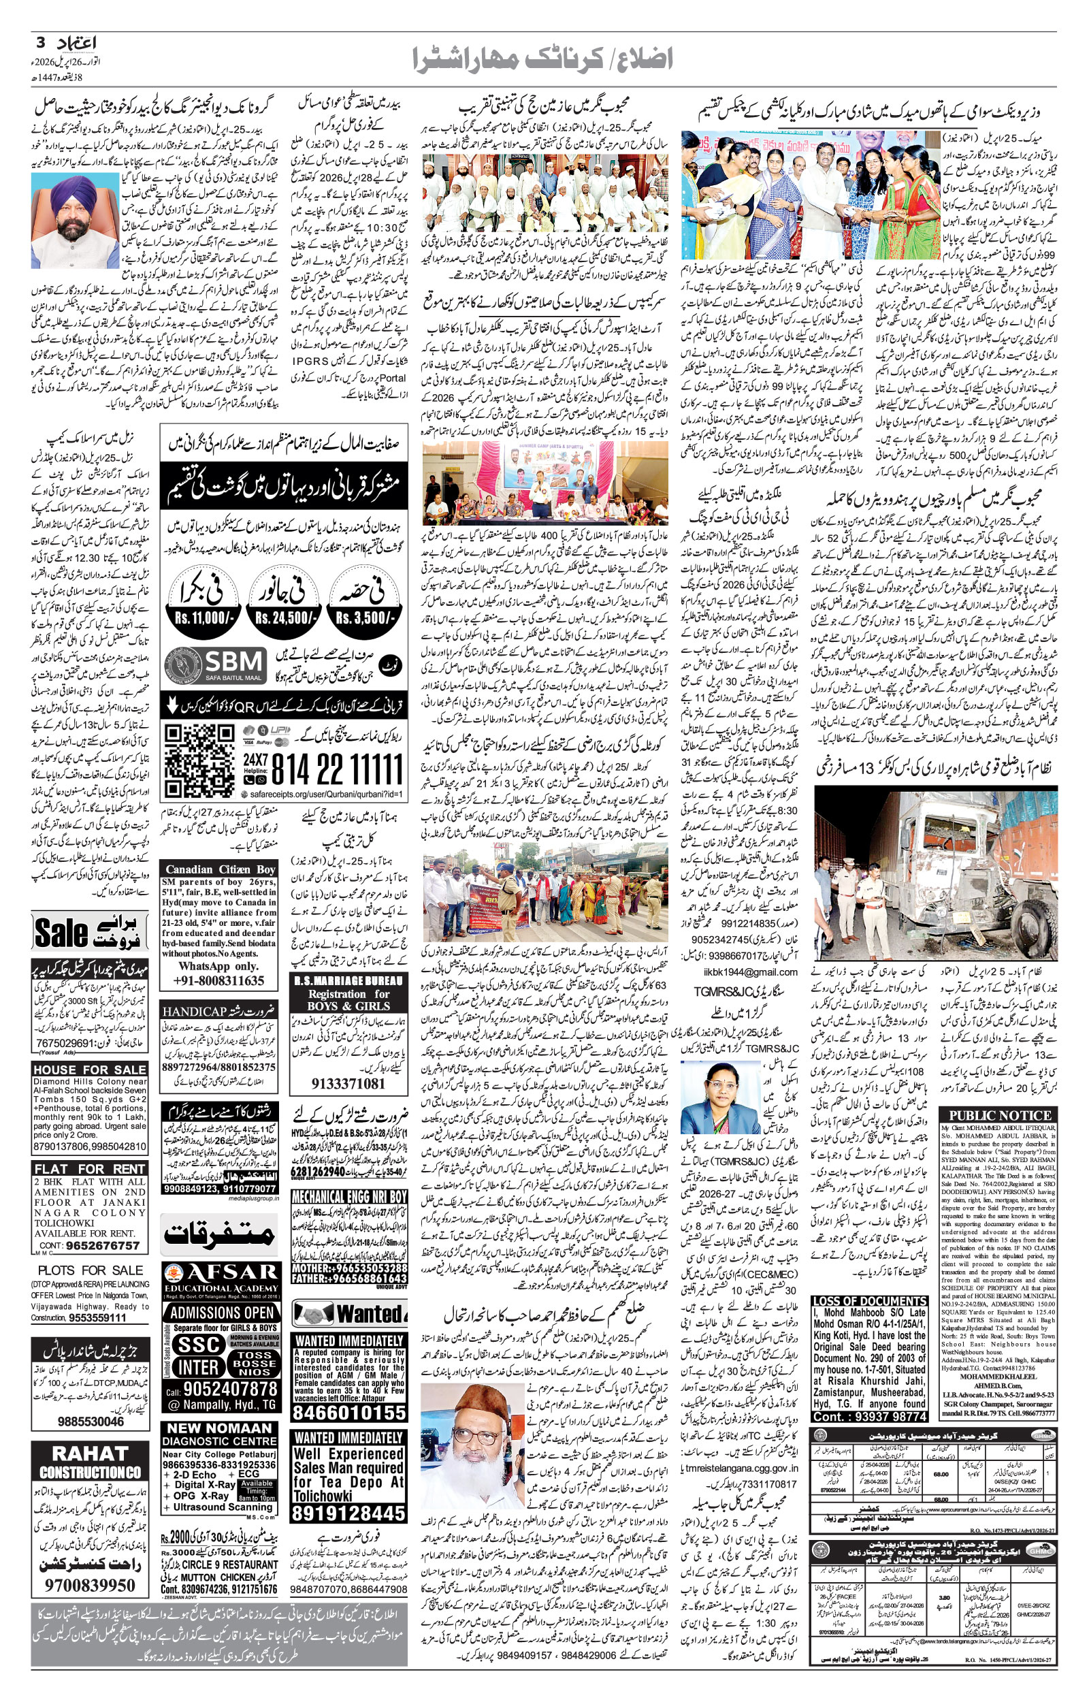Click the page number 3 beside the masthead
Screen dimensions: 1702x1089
(x=40, y=42)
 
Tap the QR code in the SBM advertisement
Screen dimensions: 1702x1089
(x=199, y=761)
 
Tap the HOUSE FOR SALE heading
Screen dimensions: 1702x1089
(x=90, y=1070)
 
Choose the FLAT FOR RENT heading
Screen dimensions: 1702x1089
(x=90, y=1169)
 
